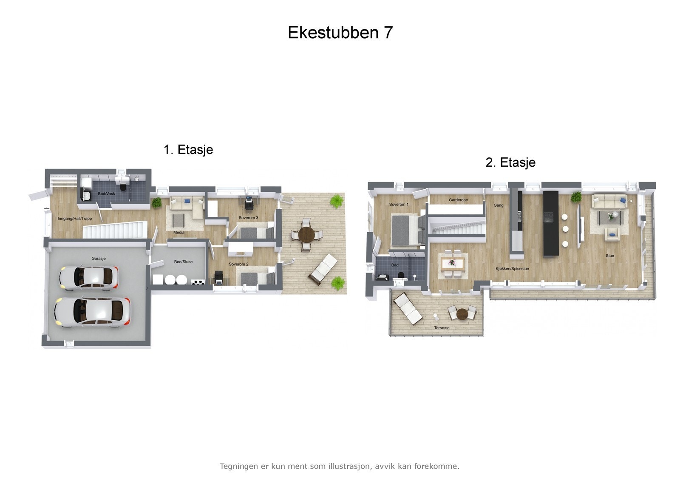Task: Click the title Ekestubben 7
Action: tap(340, 33)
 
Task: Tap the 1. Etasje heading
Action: tap(188, 150)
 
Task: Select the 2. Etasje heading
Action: tap(510, 162)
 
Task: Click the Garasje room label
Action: tap(99, 259)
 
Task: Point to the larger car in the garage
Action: tap(92, 312)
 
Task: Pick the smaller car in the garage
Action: tap(89, 278)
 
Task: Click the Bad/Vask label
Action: tap(106, 194)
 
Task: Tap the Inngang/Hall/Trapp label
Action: tap(75, 219)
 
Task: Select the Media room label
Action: tap(179, 233)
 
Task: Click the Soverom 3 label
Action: tap(248, 218)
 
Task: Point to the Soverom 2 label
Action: tap(238, 264)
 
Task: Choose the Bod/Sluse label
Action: tap(183, 262)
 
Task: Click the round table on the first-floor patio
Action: tap(306, 234)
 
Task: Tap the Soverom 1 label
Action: tap(399, 205)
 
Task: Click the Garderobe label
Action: tap(458, 200)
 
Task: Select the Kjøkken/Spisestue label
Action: tap(512, 269)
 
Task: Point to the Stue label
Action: tap(610, 256)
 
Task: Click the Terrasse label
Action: tap(442, 328)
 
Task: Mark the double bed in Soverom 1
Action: tap(407, 230)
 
